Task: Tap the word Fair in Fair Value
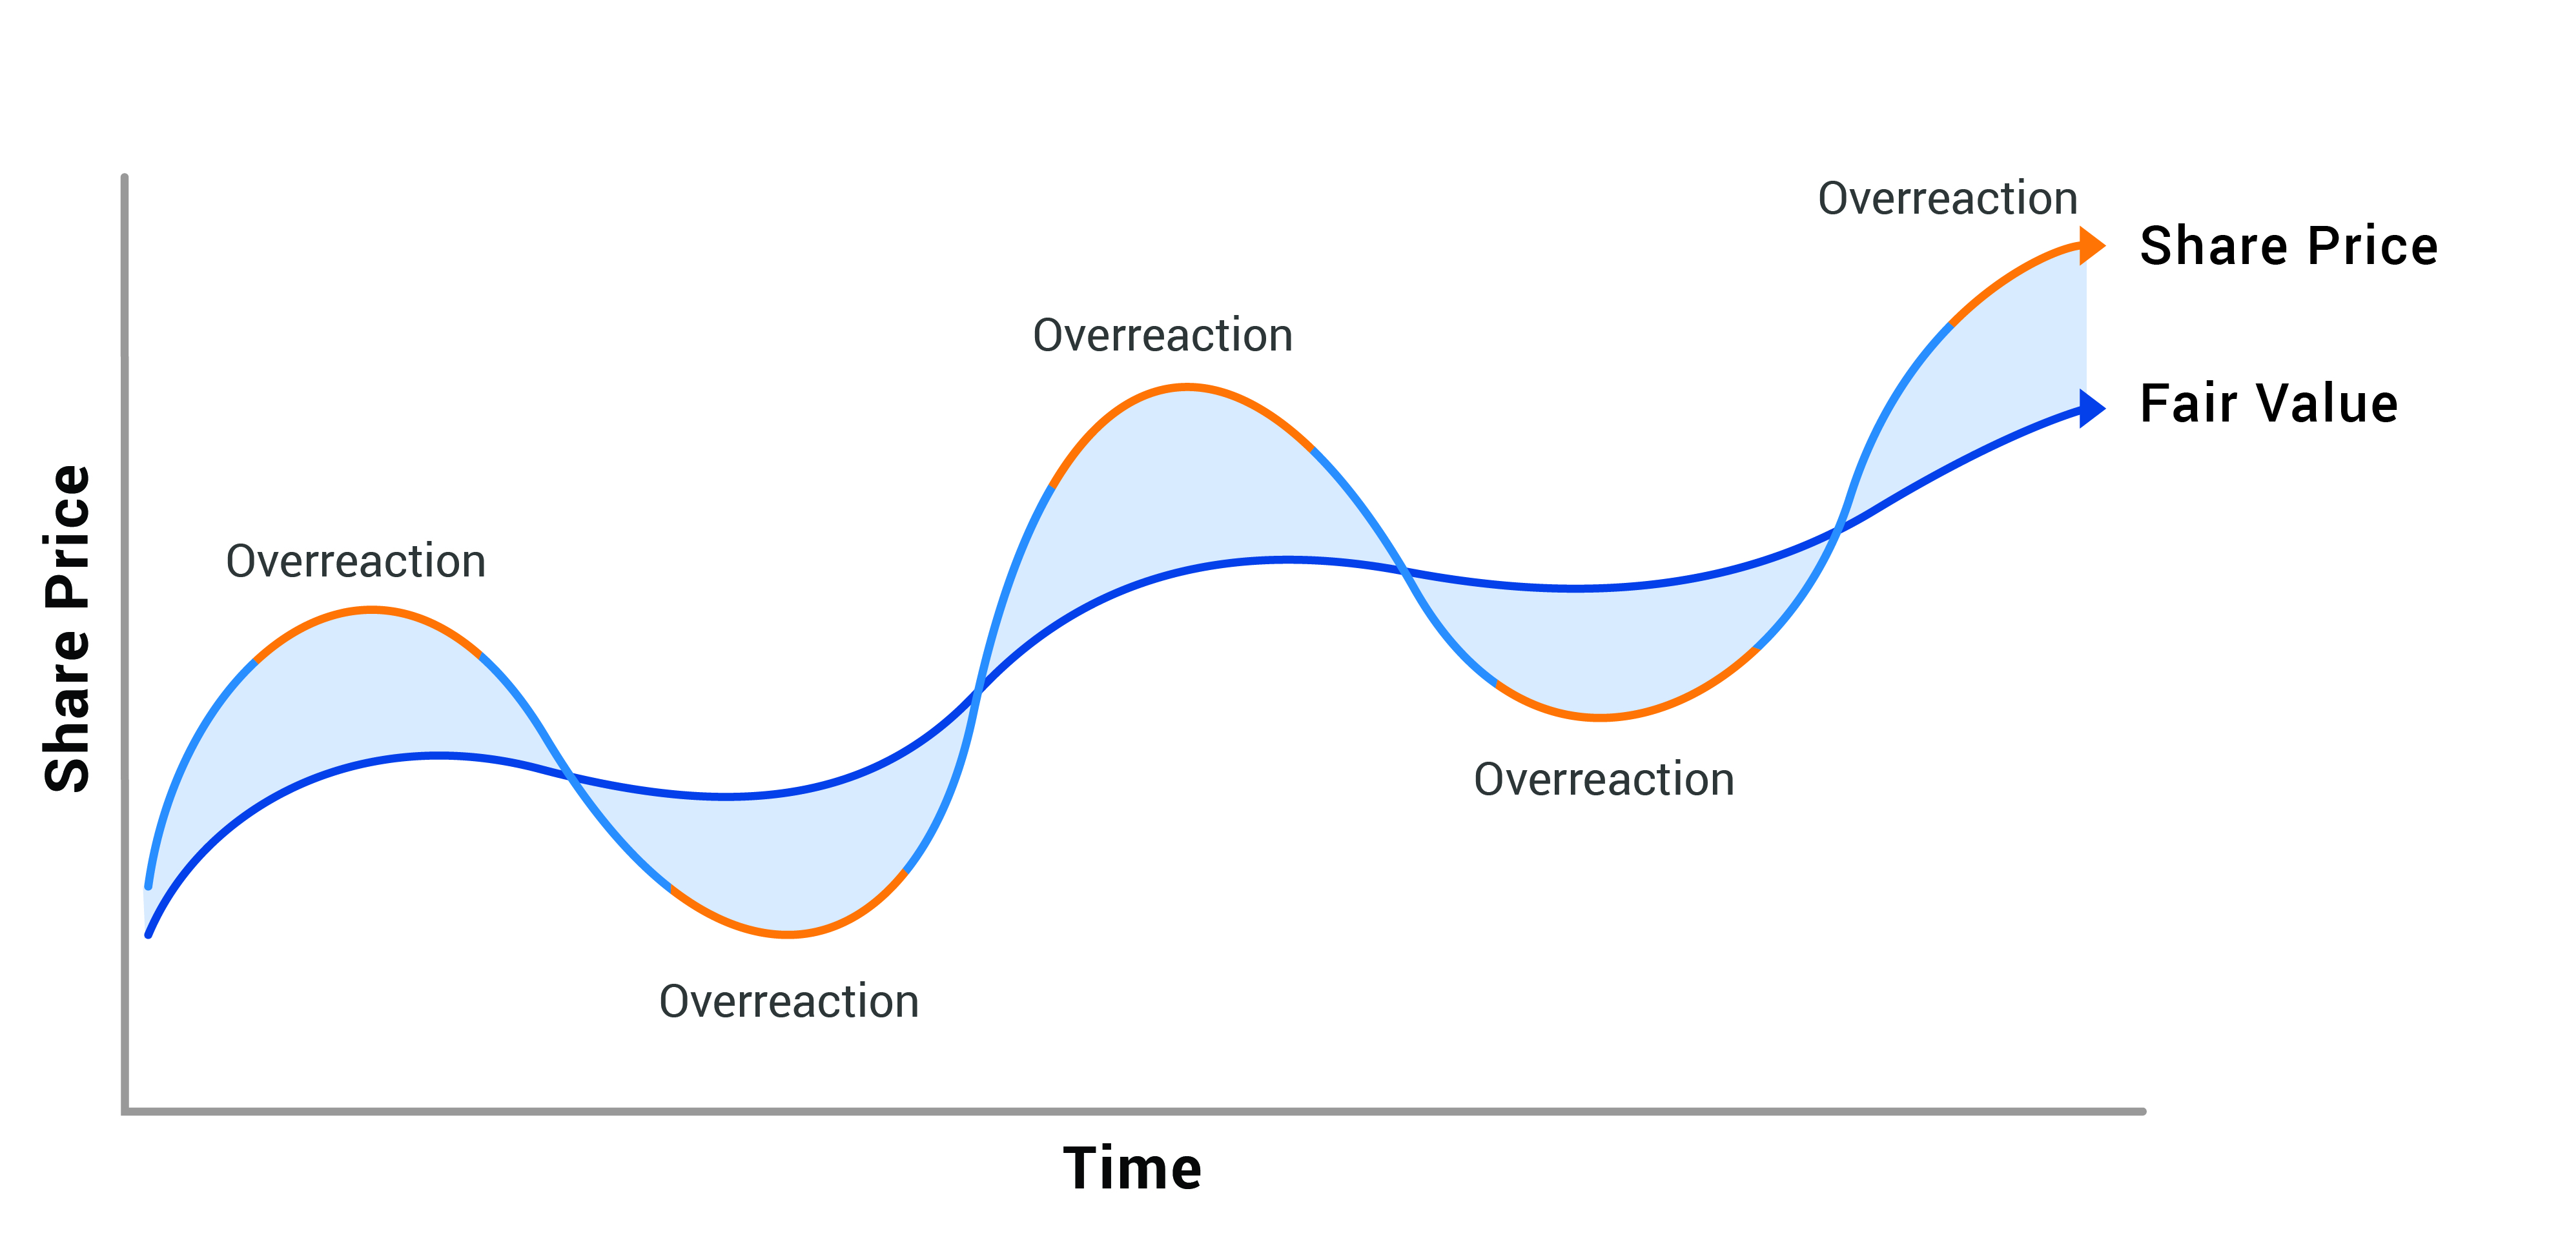click(2188, 404)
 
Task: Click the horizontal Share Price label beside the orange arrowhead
click(2288, 247)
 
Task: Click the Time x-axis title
click(1132, 1169)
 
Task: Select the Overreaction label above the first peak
click(356, 561)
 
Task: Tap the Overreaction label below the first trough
click(788, 1002)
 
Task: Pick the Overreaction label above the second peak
click(1163, 336)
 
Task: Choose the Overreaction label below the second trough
click(1604, 780)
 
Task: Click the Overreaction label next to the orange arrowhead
click(1947, 199)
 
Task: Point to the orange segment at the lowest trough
click(788, 933)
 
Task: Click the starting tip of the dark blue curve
click(148, 934)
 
